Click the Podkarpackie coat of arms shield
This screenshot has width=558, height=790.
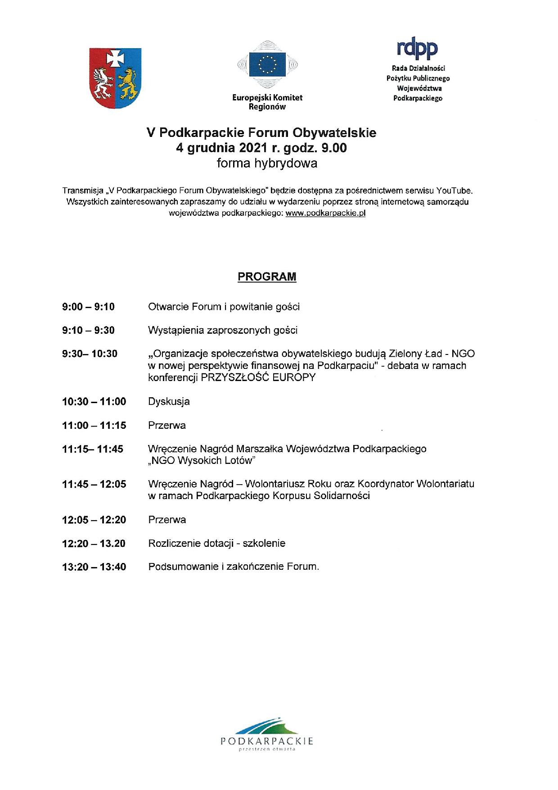(x=116, y=77)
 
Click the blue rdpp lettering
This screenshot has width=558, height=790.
(x=417, y=49)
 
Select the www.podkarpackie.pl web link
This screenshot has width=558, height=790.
(x=325, y=213)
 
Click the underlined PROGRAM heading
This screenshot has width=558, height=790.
(x=267, y=277)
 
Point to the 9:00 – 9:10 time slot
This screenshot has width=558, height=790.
(x=88, y=307)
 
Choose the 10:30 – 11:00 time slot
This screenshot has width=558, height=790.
(x=94, y=402)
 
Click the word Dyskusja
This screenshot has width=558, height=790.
(x=169, y=402)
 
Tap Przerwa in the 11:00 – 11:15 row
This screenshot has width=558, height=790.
(x=167, y=426)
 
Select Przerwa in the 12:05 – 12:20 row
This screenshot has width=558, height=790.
(x=167, y=520)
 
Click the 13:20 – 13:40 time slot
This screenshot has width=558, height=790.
(x=94, y=567)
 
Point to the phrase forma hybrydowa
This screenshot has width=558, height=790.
(x=267, y=163)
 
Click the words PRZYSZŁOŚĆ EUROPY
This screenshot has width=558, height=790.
(x=258, y=377)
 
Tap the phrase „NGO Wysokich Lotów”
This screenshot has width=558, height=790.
(x=202, y=461)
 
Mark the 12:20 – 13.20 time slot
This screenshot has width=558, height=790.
(x=94, y=544)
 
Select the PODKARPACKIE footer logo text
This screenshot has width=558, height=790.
(x=267, y=741)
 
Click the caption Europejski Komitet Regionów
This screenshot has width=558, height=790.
(x=267, y=102)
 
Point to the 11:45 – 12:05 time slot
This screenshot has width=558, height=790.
(x=94, y=485)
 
